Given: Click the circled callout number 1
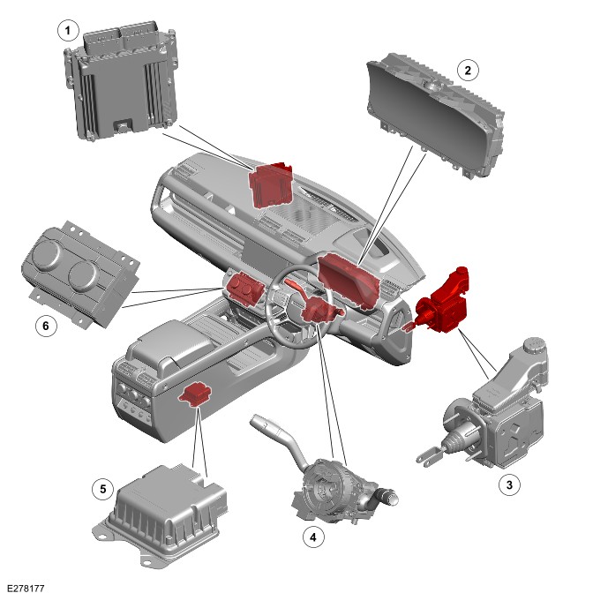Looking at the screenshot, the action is click(x=68, y=30).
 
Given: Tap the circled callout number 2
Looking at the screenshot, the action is click(x=468, y=71).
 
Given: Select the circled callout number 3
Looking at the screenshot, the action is click(x=509, y=484).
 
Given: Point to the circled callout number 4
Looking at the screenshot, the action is click(x=313, y=537).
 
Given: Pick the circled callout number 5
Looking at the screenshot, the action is click(x=103, y=490).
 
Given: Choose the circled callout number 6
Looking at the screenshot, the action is click(x=46, y=326).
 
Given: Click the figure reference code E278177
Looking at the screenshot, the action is click(x=26, y=588).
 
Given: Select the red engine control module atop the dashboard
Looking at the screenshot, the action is click(x=271, y=185).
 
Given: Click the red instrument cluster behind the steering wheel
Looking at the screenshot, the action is click(x=348, y=280).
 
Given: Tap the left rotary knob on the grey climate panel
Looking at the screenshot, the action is click(x=46, y=254).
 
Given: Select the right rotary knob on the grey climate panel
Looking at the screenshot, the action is click(x=83, y=275).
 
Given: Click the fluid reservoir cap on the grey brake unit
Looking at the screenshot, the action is click(x=534, y=345).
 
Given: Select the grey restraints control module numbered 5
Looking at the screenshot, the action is click(x=161, y=515).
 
